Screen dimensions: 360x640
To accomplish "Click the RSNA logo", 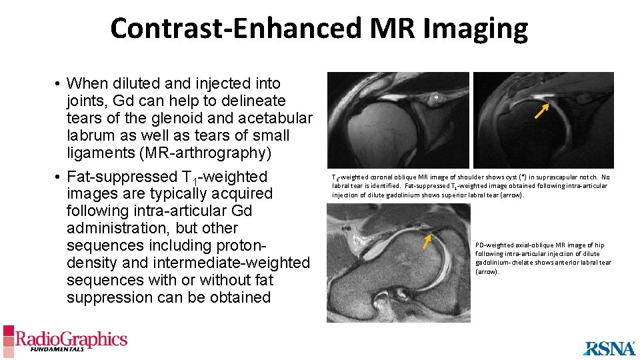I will click(609, 348).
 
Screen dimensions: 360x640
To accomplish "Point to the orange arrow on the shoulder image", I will click(542, 109).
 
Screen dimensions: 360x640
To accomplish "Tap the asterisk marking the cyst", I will click(436, 98).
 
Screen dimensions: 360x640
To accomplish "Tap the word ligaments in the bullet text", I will click(98, 153).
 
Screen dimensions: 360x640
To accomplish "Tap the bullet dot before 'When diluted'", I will click(59, 84).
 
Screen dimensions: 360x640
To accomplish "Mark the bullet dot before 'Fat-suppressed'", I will click(59, 177).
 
